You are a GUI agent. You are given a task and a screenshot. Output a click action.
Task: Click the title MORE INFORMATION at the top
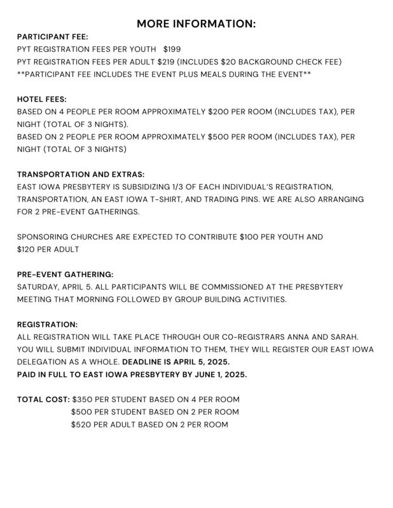click(x=196, y=24)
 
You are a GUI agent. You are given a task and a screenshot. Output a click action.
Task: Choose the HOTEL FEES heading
click(x=41, y=99)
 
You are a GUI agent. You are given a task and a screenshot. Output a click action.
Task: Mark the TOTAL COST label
click(x=43, y=399)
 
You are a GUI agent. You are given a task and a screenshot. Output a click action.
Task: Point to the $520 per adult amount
click(x=83, y=424)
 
